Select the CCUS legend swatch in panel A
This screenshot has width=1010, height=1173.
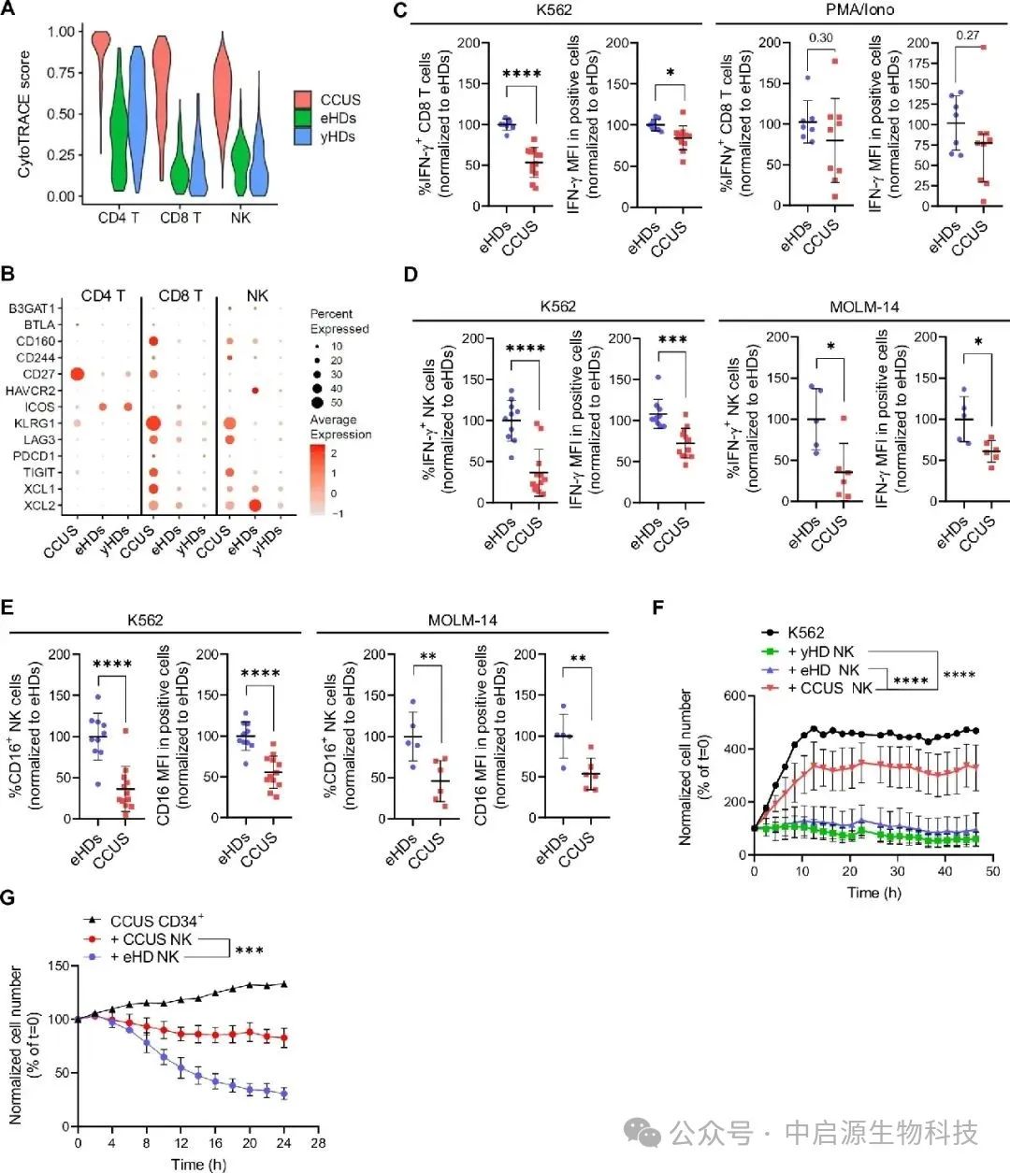303,100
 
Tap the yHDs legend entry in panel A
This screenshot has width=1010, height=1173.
338,136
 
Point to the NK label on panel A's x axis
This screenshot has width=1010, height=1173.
240,218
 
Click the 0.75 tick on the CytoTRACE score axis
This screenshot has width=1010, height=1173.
62,73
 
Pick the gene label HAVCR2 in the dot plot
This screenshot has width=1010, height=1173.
31,391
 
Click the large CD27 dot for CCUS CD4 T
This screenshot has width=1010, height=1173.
79,375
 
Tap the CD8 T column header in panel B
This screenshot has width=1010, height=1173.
180,295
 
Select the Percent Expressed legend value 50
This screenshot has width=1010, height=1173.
337,403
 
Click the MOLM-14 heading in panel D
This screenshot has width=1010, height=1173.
864,307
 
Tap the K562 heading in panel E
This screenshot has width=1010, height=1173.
145,620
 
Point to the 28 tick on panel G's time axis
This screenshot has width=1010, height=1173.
318,1143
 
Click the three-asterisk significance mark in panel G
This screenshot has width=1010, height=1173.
249,951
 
